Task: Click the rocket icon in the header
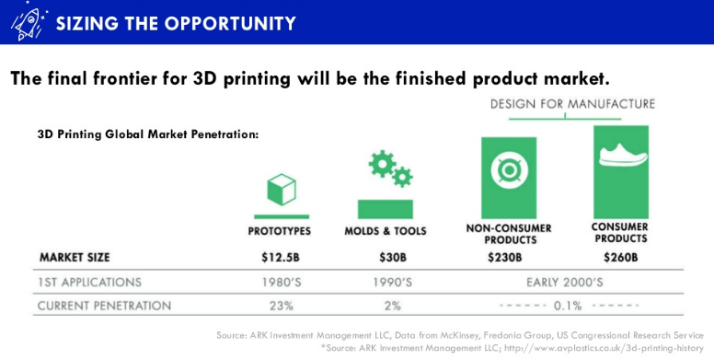29,23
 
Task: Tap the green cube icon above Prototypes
282,189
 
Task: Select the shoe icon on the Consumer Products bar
623,156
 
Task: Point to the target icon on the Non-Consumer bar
509,170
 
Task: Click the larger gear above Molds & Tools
382,163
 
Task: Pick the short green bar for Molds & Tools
386,209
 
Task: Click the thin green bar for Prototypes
282,217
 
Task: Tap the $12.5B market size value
281,258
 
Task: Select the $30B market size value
393,258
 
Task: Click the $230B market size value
504,258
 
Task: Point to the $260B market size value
621,258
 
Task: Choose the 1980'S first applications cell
282,283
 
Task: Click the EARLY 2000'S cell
565,283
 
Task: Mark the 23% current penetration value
282,306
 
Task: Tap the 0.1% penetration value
568,306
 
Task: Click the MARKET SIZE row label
75,258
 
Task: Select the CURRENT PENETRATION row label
104,306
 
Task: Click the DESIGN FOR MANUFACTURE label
573,104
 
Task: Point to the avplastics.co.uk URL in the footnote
604,349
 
